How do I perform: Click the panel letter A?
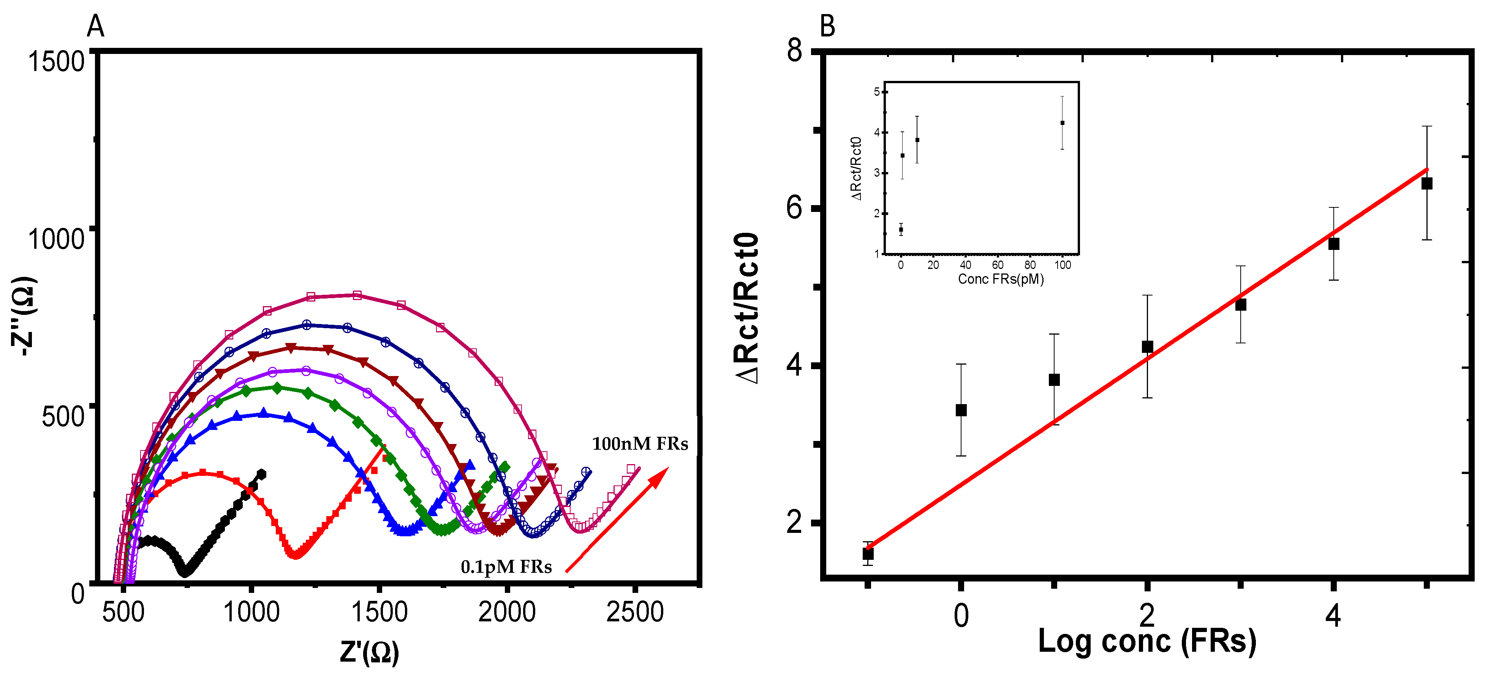pyautogui.click(x=95, y=26)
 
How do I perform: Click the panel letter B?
pyautogui.click(x=827, y=26)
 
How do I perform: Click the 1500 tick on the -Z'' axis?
pyautogui.click(x=57, y=61)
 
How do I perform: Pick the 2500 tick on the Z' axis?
pyautogui.click(x=635, y=612)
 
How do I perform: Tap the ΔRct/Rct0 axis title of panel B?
pyautogui.click(x=746, y=308)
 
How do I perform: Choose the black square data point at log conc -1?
pyautogui.click(x=868, y=553)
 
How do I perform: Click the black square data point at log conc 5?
pyautogui.click(x=1427, y=184)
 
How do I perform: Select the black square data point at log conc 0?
pyautogui.click(x=961, y=410)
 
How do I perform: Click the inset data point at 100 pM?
pyautogui.click(x=1063, y=123)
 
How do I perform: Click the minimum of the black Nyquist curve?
pyautogui.click(x=185, y=572)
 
